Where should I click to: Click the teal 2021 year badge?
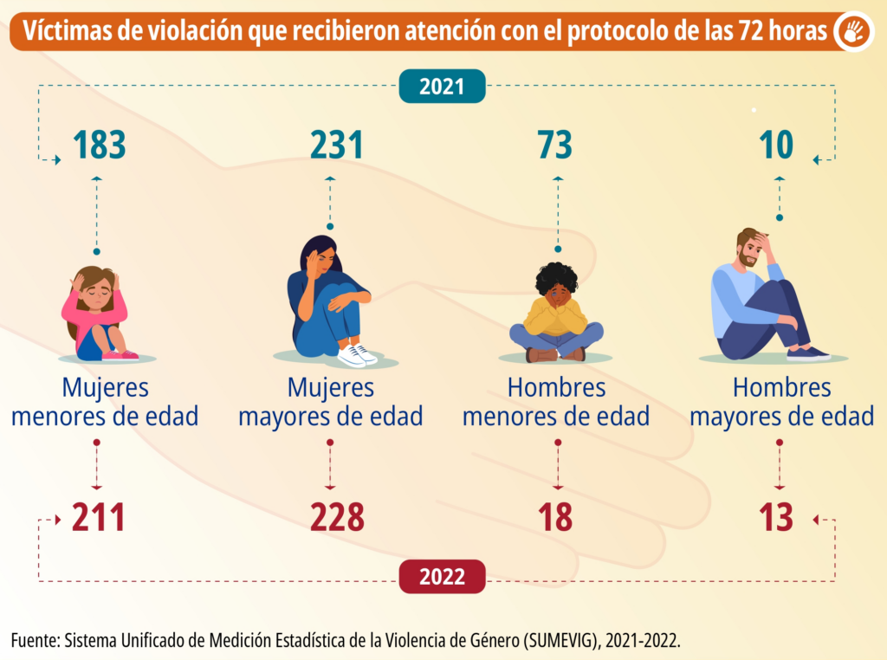(x=442, y=86)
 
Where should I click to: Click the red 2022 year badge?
(x=442, y=576)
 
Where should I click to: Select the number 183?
(x=100, y=145)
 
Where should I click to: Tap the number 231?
(x=337, y=145)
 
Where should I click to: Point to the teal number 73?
(x=554, y=145)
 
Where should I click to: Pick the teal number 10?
(x=777, y=145)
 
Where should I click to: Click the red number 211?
(x=99, y=518)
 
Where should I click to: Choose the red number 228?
(x=337, y=518)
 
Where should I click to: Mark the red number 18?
(x=554, y=518)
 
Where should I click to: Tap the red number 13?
(x=776, y=518)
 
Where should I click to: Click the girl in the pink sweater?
(x=97, y=314)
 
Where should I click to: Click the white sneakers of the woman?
(x=357, y=354)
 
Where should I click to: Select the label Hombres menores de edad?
(x=556, y=402)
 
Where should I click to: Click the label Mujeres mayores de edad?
(x=330, y=402)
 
